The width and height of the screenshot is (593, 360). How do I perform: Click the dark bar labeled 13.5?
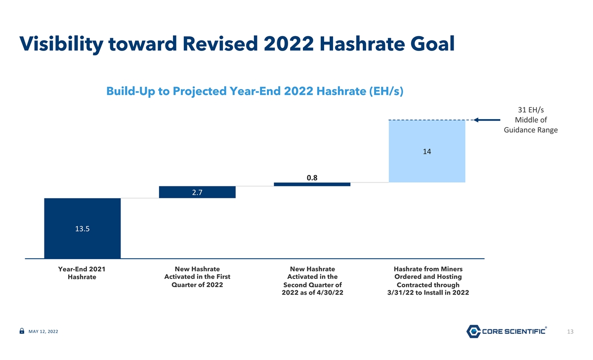(x=83, y=228)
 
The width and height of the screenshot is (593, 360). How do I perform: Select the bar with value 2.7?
(x=197, y=192)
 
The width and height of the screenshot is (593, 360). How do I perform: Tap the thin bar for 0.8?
(x=312, y=184)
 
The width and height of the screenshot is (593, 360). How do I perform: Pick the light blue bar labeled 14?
(x=427, y=151)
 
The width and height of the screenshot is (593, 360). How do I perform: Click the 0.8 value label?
(x=312, y=178)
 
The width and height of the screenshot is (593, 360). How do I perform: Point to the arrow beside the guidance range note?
(x=487, y=120)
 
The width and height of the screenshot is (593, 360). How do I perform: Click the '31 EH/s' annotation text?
(x=531, y=110)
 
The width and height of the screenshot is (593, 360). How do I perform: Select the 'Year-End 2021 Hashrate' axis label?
(x=82, y=273)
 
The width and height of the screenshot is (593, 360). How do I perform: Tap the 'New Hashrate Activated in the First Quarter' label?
(x=197, y=277)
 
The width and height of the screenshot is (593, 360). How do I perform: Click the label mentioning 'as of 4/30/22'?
(x=312, y=281)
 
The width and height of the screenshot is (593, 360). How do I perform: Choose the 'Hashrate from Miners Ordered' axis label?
(x=428, y=281)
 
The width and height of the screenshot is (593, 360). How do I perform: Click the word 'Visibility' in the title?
(x=61, y=44)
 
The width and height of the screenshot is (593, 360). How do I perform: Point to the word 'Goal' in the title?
(x=432, y=44)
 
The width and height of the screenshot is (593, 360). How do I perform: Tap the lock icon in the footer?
(x=22, y=331)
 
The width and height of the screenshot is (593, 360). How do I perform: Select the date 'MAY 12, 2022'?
(x=43, y=331)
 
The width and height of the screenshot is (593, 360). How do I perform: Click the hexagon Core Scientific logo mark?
(x=473, y=331)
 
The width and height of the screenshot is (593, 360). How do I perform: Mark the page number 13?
(x=570, y=332)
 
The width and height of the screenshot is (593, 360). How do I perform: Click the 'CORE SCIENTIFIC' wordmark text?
(x=513, y=331)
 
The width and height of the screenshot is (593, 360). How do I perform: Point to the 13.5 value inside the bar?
(x=83, y=228)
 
